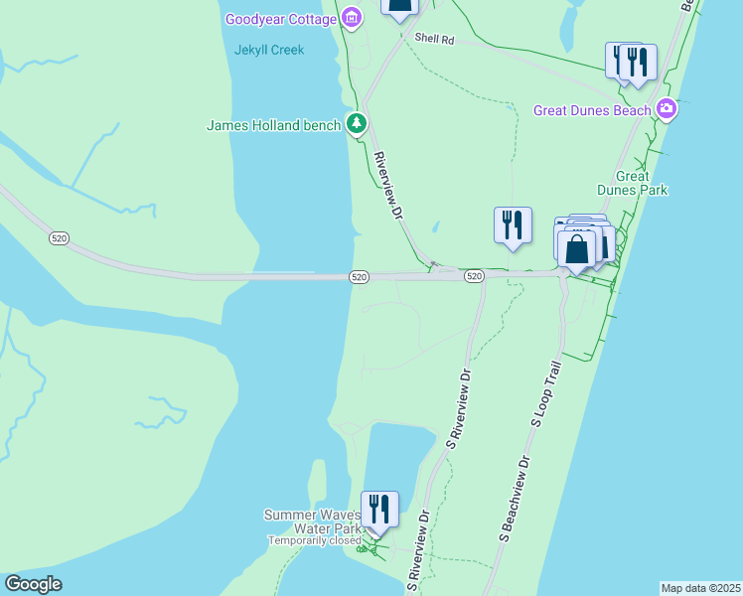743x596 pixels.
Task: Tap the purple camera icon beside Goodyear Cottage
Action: click(351, 18)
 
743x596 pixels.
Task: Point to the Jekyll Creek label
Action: click(269, 50)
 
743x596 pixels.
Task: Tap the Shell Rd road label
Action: click(434, 40)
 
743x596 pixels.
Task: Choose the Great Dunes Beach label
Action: click(592, 110)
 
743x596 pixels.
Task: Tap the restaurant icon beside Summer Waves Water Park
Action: click(379, 509)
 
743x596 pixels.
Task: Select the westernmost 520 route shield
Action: click(59, 238)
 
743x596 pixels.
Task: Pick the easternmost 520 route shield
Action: click(474, 276)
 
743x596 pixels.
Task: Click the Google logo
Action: click(33, 584)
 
